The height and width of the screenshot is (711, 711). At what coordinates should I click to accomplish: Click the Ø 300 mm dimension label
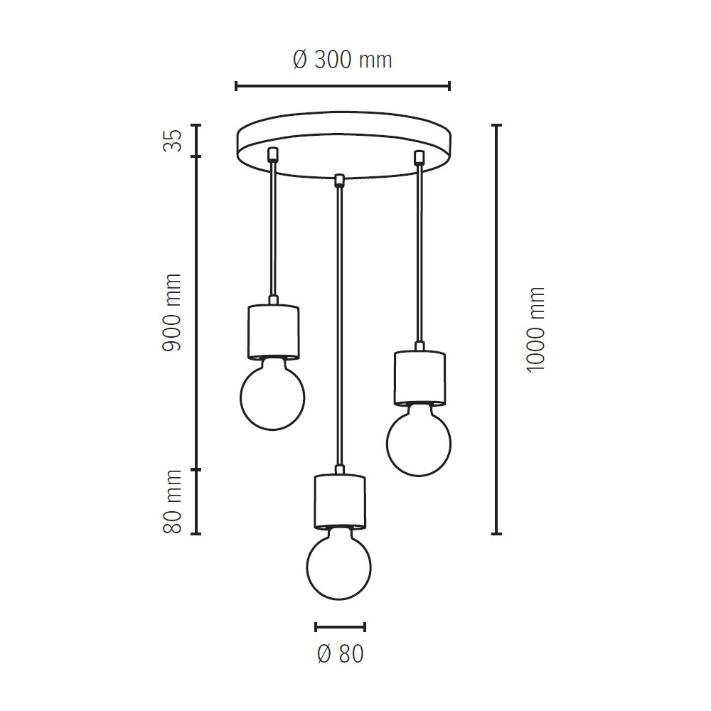(x=343, y=60)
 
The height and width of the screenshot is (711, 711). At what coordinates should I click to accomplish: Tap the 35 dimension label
(x=172, y=141)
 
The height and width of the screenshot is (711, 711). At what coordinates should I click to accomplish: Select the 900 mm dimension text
(x=172, y=312)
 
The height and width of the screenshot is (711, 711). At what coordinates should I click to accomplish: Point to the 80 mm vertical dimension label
(x=172, y=501)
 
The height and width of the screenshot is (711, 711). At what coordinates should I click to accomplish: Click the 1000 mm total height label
(x=535, y=330)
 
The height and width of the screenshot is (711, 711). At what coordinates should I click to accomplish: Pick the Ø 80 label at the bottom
(x=341, y=654)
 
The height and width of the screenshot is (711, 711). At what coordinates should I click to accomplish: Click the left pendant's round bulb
(x=272, y=395)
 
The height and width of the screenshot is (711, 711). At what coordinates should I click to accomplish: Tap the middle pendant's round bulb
(x=338, y=563)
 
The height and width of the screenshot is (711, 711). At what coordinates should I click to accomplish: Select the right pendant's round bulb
(x=419, y=440)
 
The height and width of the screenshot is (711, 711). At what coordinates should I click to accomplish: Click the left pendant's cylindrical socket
(x=273, y=332)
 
